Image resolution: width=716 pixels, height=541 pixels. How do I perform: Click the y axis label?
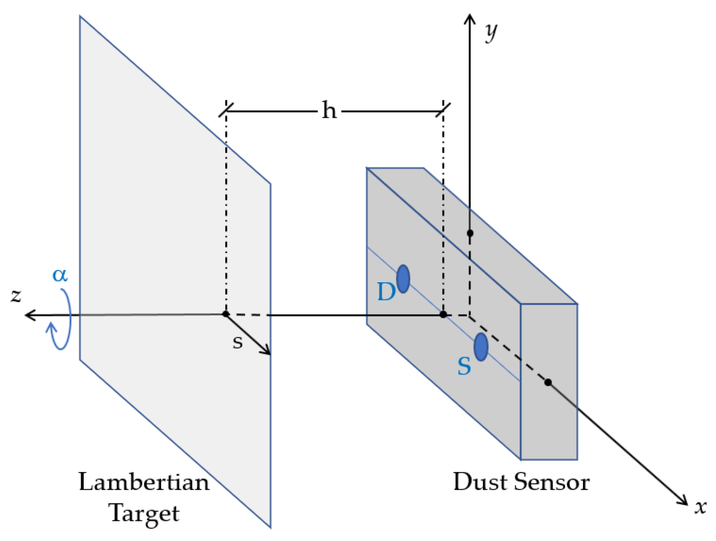pyautogui.click(x=491, y=33)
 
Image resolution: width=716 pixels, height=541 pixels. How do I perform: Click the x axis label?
pyautogui.click(x=700, y=507)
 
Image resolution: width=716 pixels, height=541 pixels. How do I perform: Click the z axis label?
pyautogui.click(x=16, y=295)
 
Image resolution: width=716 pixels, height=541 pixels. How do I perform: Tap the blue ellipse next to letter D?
pyautogui.click(x=403, y=279)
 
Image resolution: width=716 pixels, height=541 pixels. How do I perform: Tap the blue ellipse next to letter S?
pyautogui.click(x=480, y=347)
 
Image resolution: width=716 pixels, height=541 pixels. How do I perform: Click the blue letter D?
pyautogui.click(x=386, y=292)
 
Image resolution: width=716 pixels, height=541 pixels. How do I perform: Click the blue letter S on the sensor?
pyautogui.click(x=464, y=366)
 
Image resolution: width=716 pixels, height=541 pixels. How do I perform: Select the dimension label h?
pyautogui.click(x=329, y=110)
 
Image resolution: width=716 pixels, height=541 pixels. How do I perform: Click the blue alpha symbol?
pyautogui.click(x=60, y=275)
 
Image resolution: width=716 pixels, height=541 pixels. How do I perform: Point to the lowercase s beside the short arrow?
pyautogui.click(x=237, y=342)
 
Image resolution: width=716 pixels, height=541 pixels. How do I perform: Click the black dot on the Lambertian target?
pyautogui.click(x=226, y=314)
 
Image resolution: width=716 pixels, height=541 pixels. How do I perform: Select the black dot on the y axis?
pyautogui.click(x=470, y=233)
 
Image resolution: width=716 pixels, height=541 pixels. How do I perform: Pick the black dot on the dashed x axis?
pyautogui.click(x=548, y=382)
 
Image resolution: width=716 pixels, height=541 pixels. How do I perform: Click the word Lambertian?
pyautogui.click(x=144, y=482)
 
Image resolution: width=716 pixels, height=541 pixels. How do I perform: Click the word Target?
pyautogui.click(x=144, y=514)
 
